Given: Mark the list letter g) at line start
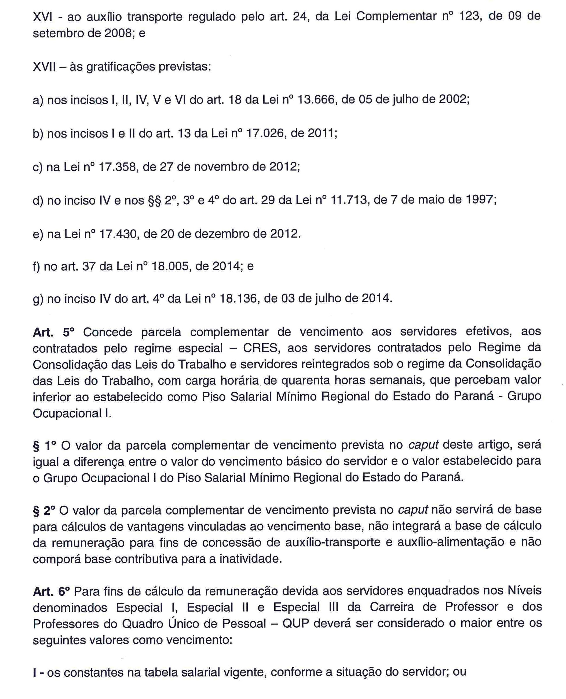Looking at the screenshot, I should pyautogui.click(x=38, y=299).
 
